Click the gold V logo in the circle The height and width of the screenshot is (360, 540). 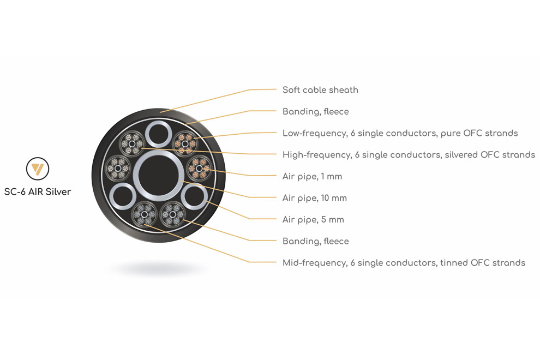38,169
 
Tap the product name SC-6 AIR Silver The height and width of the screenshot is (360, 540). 38,192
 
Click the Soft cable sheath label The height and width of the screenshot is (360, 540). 320,90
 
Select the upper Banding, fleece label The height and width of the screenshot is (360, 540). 315,112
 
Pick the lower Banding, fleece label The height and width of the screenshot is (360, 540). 315,241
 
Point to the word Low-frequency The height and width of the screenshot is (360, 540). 314,133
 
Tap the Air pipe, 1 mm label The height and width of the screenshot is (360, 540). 312,176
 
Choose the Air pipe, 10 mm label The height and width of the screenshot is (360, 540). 314,198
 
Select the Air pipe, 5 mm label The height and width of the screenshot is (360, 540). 313,219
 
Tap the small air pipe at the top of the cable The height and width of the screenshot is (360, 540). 147,134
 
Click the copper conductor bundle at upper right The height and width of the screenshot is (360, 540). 185,143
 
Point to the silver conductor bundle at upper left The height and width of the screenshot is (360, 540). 132,143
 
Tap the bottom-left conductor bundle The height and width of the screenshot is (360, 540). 145,214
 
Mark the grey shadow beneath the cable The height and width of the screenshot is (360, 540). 159,268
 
